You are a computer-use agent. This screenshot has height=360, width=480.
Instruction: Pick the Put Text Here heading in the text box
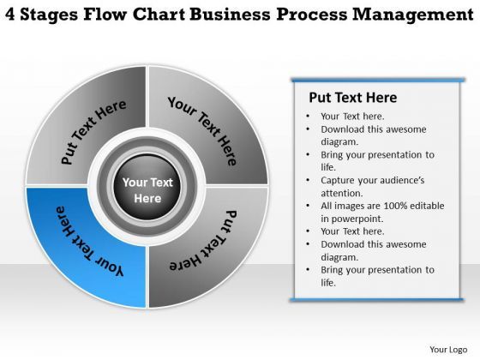click(x=352, y=97)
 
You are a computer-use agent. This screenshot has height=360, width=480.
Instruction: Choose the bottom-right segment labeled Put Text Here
click(x=206, y=244)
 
